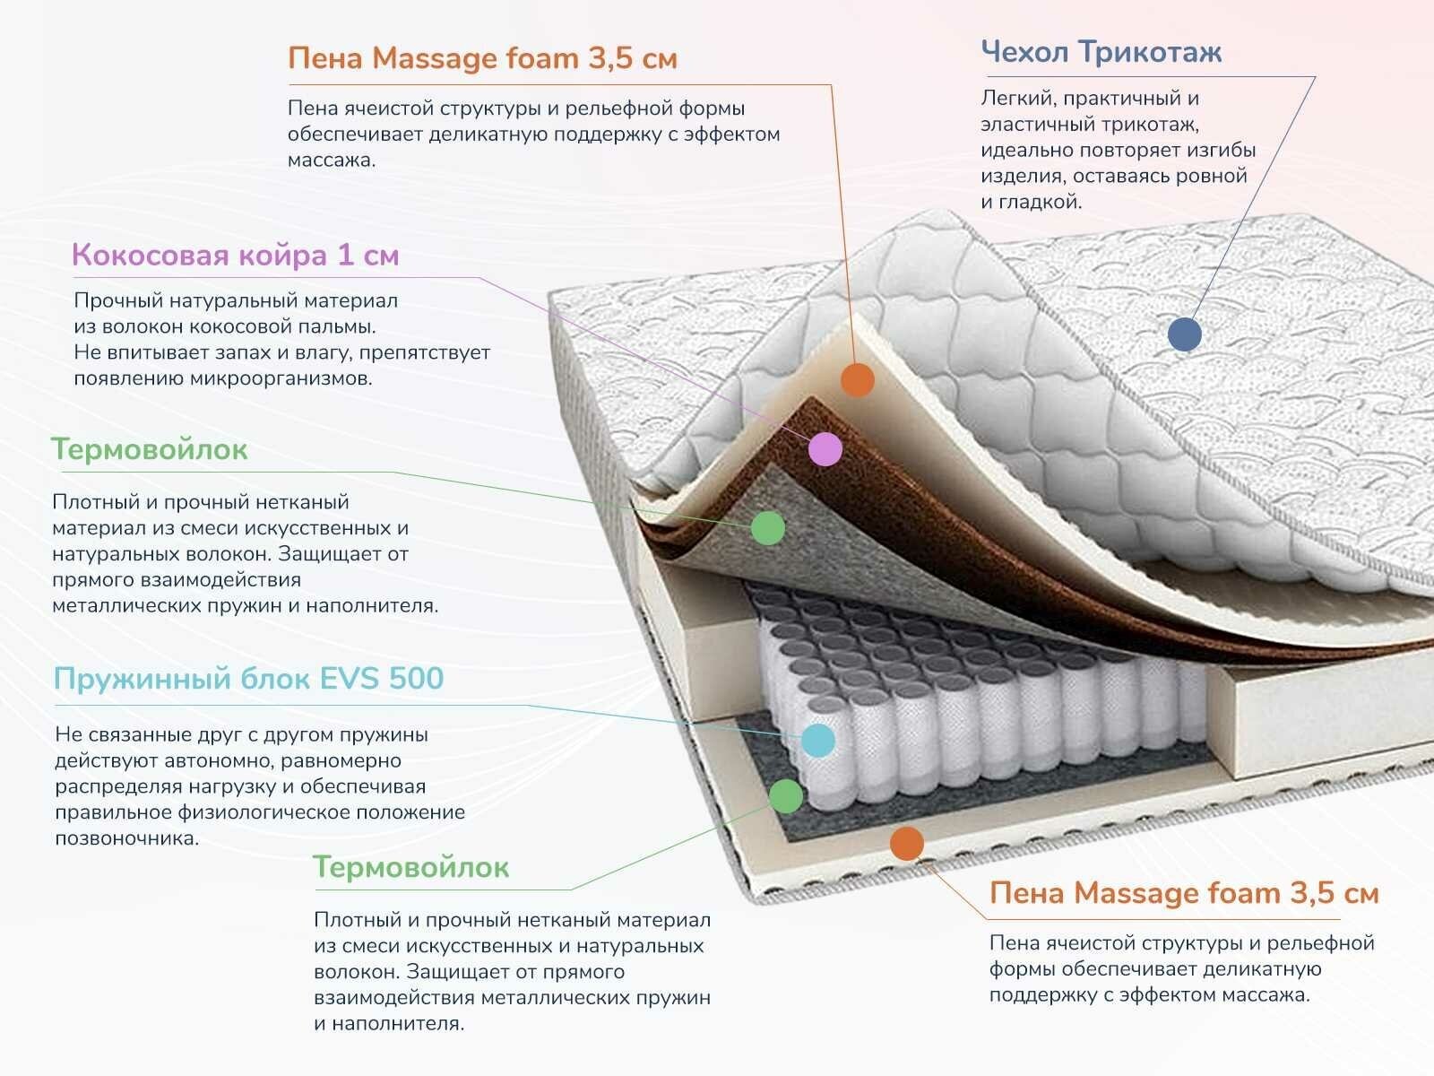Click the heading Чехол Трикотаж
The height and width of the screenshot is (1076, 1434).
tap(1101, 52)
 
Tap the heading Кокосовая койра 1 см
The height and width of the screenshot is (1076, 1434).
tap(235, 256)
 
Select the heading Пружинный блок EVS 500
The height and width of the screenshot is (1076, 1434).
tap(248, 679)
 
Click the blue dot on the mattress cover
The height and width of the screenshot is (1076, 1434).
tap(1185, 334)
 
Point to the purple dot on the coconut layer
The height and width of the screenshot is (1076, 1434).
tap(825, 448)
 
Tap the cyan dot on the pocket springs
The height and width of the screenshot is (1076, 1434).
tap(818, 740)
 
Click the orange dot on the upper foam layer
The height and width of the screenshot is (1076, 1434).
tap(858, 380)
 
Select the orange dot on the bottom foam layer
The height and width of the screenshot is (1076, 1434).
tap(907, 843)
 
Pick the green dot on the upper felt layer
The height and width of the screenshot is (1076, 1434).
tap(768, 527)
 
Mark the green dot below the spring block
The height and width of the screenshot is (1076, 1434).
tap(786, 795)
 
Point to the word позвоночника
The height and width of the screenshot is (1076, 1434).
tap(126, 839)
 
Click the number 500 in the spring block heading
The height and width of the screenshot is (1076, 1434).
tap(416, 679)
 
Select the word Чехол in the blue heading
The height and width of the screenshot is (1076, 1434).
tap(1025, 52)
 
